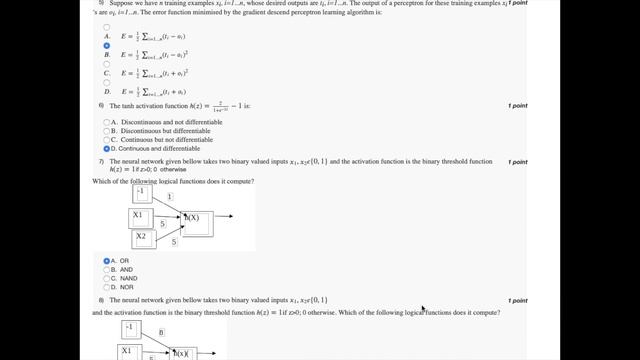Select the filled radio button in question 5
[x=107, y=46]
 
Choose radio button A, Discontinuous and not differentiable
[x=107, y=122]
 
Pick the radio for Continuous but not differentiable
[x=107, y=140]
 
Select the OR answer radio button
[x=107, y=261]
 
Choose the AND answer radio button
[x=107, y=270]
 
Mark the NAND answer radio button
[x=107, y=278]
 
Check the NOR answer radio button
[x=107, y=287]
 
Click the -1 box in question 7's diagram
[x=142, y=193]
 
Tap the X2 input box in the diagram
[x=142, y=238]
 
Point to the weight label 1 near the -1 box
[x=170, y=198]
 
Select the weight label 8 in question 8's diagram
[x=161, y=331]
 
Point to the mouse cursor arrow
[x=423, y=309]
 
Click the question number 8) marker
[x=101, y=300]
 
